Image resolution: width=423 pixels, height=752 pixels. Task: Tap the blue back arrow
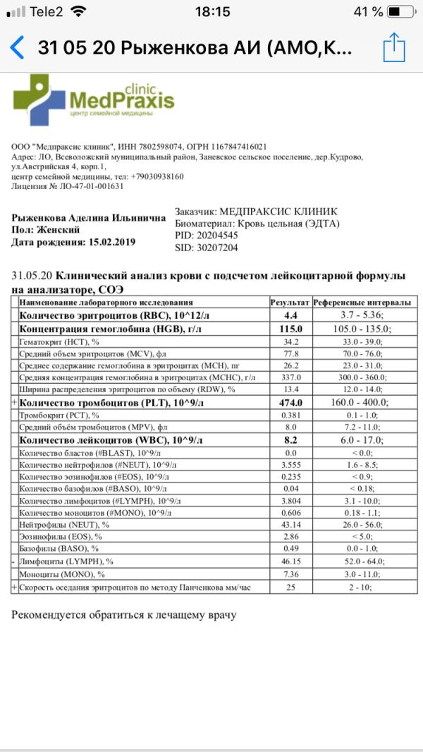17,48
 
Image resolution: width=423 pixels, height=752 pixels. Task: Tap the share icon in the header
394,47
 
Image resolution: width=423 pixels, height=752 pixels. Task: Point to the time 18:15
212,12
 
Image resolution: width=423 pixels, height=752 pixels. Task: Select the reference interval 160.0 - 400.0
362,402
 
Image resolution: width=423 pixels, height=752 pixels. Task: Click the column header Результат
290,302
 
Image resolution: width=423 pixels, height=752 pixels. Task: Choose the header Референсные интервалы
362,302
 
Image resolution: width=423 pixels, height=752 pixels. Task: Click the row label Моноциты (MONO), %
62,574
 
